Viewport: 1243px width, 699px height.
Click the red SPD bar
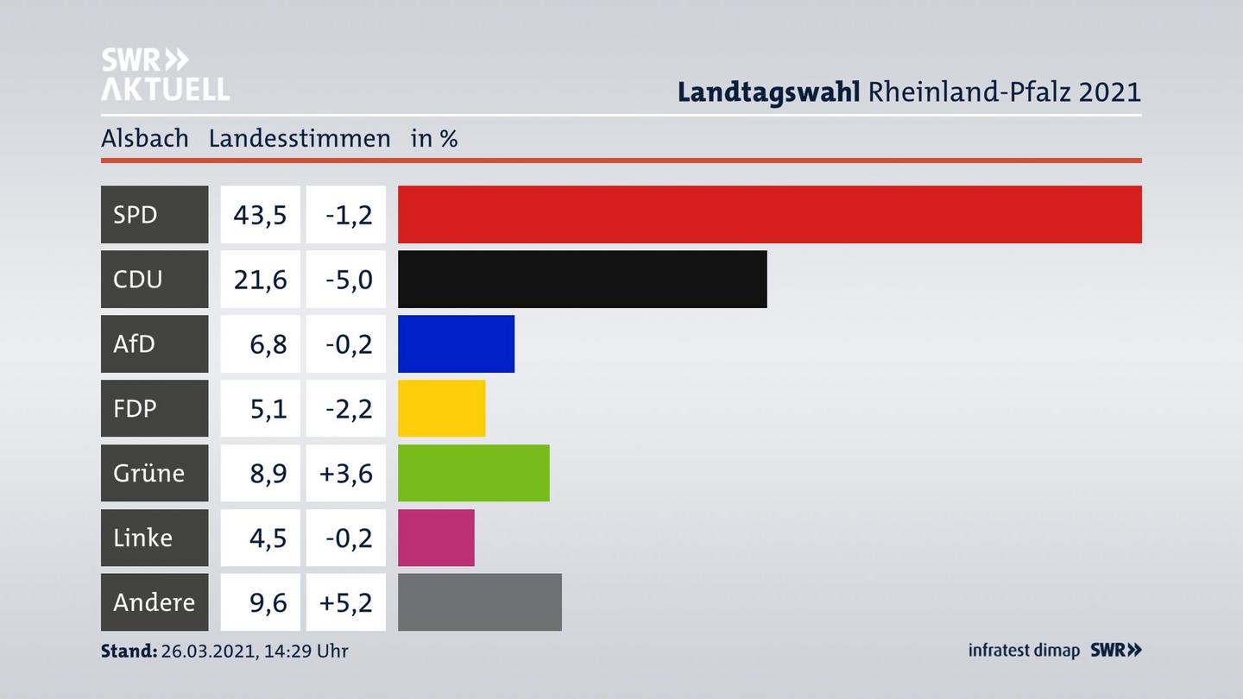pos(769,214)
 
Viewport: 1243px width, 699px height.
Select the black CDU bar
pos(582,279)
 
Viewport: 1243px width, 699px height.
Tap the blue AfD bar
pos(456,343)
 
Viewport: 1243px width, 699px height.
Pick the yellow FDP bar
pos(441,408)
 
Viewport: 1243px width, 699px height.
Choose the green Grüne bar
pos(473,473)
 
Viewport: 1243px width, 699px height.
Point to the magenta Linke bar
pos(436,538)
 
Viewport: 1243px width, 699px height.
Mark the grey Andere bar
pos(479,602)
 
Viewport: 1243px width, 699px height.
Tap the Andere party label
pos(154,602)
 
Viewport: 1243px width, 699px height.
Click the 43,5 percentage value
pos(260,214)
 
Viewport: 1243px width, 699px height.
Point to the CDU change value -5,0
pos(349,279)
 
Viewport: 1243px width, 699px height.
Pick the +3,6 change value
pos(346,473)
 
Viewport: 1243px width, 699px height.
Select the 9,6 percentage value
pos(268,602)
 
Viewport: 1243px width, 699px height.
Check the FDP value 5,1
pos(268,408)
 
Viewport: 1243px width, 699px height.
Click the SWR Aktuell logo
pos(165,74)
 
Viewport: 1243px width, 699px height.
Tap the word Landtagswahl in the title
pos(768,91)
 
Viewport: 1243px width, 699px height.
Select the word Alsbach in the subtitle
pos(144,138)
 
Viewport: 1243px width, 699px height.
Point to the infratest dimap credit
pos(1024,651)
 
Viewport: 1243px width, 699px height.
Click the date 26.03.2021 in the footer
pos(206,651)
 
